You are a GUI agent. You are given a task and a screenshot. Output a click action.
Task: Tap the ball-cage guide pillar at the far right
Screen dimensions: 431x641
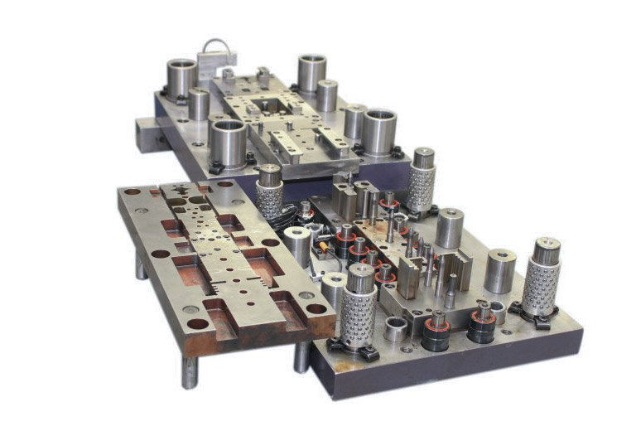(x=542, y=277)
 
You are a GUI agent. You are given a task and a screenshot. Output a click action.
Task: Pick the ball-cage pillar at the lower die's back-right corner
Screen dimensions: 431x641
(x=422, y=180)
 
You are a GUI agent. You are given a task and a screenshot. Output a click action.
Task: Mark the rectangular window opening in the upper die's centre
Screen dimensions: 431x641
(x=273, y=106)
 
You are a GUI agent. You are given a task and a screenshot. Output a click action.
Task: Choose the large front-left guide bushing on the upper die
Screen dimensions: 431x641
(x=228, y=143)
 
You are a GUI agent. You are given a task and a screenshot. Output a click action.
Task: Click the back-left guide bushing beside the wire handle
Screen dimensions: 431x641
(x=181, y=78)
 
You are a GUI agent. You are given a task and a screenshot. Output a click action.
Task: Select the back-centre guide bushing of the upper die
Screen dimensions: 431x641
(x=312, y=74)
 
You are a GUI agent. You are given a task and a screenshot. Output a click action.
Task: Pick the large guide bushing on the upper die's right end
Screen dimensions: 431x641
(x=379, y=131)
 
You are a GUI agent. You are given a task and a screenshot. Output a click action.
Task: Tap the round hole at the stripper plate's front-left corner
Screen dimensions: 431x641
(x=197, y=323)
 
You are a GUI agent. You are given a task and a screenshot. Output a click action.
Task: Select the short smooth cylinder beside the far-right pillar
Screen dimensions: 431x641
(x=499, y=270)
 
